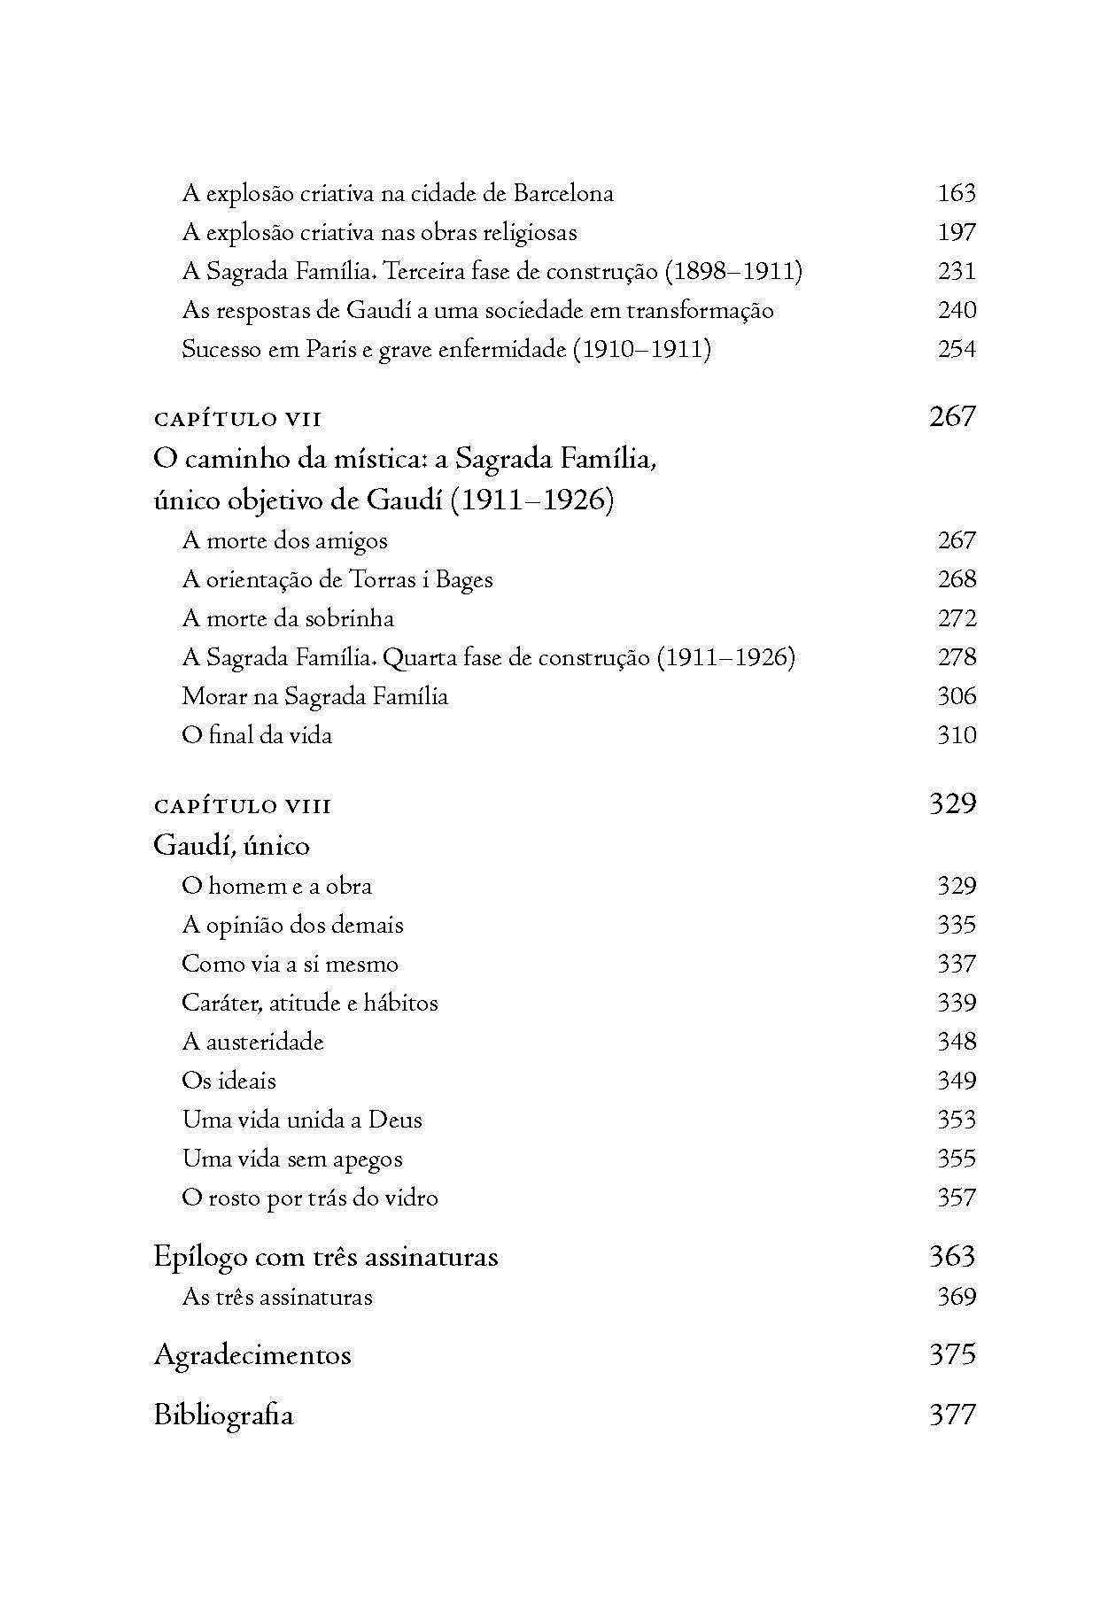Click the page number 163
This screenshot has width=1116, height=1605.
(x=956, y=193)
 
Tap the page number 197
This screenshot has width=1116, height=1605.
(x=956, y=232)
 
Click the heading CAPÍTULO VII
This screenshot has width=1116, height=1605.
(x=237, y=419)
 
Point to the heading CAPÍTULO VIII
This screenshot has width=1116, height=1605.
(x=243, y=806)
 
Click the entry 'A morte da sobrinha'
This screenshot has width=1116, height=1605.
(x=288, y=618)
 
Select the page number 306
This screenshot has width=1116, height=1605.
(x=956, y=696)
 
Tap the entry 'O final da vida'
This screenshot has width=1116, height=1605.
(x=257, y=735)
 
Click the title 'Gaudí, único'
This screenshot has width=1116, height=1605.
(x=231, y=845)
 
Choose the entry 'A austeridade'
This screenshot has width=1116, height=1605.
(x=252, y=1042)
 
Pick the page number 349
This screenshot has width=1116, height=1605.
(x=956, y=1081)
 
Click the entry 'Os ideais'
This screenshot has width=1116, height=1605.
(x=229, y=1081)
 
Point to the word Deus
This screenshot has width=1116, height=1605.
(x=395, y=1120)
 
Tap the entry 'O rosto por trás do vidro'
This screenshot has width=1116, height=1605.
(x=310, y=1198)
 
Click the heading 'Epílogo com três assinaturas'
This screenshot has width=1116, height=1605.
(x=326, y=1256)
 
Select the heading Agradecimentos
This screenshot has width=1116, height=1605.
(x=252, y=1354)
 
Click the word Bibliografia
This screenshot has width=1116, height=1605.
(x=223, y=1415)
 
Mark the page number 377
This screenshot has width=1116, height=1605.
(x=952, y=1415)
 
